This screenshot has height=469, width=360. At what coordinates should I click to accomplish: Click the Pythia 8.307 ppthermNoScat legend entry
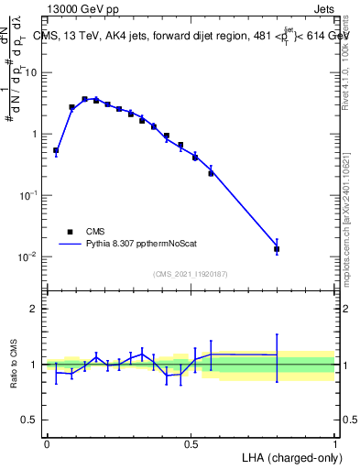(128, 245)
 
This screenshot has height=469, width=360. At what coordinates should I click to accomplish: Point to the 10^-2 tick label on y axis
(28, 257)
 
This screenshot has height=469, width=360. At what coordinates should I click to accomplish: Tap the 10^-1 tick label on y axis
(28, 195)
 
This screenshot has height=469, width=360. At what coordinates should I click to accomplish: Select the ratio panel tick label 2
(35, 309)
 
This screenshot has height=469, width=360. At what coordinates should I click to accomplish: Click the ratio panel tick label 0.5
(31, 420)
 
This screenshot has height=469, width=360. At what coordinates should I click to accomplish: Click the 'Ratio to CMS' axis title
(13, 365)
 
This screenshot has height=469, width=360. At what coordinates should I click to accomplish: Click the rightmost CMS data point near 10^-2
(277, 248)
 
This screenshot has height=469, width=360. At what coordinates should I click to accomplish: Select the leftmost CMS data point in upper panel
(56, 150)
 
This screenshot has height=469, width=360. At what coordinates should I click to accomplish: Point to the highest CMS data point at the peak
(84, 99)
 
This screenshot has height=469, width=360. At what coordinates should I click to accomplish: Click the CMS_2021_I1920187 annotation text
(191, 273)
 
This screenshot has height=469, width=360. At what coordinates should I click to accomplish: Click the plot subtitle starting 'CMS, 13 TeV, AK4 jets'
(191, 36)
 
